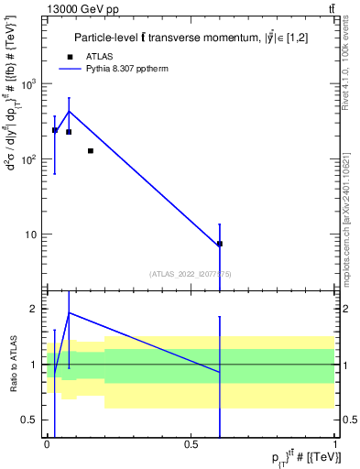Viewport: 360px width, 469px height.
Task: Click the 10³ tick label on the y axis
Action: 30,84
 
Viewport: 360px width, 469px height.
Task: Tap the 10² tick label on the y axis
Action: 30,159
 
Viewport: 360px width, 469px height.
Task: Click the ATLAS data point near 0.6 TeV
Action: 220,244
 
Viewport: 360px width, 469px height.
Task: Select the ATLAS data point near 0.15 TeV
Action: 91,150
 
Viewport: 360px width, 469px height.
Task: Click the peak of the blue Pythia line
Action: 69,112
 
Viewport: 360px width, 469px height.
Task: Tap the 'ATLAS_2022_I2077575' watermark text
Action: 191,273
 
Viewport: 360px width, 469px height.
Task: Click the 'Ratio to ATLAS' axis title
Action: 14,364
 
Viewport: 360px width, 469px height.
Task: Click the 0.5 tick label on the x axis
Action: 191,444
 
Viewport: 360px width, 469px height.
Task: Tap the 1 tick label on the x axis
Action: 334,444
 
